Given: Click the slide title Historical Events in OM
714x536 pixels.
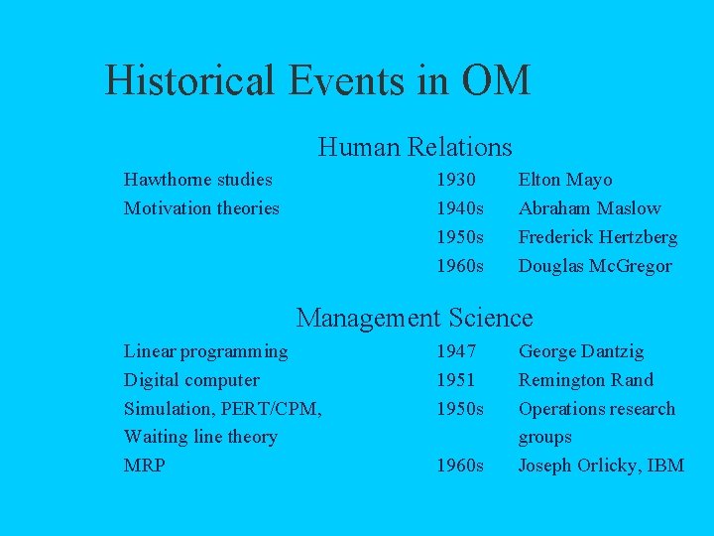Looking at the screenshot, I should click(317, 79).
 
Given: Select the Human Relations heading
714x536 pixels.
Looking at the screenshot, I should click(415, 148).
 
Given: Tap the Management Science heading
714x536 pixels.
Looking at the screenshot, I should click(415, 318).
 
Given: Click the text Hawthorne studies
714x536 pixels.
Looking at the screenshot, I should click(197, 180).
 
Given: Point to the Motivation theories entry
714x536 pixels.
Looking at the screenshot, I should click(201, 208).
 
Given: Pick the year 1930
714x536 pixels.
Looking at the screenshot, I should click(456, 180).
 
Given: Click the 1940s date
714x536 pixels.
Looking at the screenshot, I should click(460, 208).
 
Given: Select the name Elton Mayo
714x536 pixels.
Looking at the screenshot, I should click(565, 180).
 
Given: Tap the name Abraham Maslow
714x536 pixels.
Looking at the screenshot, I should click(589, 208).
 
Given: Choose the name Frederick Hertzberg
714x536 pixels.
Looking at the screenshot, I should click(598, 237).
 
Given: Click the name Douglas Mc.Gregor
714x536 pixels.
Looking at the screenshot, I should click(595, 266).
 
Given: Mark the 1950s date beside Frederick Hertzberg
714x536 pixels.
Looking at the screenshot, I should click(460, 237).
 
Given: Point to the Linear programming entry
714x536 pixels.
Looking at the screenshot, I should click(205, 351).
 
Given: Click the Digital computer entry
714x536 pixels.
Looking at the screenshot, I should click(191, 380).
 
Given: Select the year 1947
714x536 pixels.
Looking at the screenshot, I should click(456, 351).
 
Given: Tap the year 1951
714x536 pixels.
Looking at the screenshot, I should click(456, 380).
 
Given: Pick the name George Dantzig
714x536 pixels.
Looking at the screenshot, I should click(581, 351).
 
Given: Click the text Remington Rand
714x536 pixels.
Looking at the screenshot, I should click(586, 380).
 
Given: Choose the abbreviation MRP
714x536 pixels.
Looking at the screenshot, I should click(145, 466).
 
